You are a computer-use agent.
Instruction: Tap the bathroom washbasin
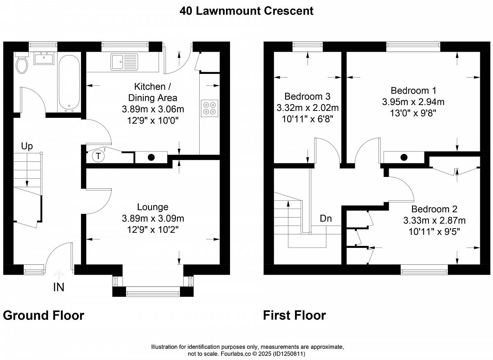pyautogui.click(x=44, y=58)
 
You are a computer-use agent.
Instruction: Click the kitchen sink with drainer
pyautogui.click(x=124, y=62)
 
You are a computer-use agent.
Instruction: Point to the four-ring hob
pyautogui.click(x=209, y=108)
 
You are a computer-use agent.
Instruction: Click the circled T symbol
pyautogui.click(x=98, y=156)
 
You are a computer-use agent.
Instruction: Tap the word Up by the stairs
pyautogui.click(x=27, y=146)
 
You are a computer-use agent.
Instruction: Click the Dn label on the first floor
pyautogui.click(x=325, y=218)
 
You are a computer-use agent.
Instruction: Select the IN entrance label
pyautogui.click(x=59, y=287)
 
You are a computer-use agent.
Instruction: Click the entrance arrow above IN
pyautogui.click(x=59, y=275)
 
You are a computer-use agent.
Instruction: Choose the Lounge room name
pyautogui.click(x=153, y=207)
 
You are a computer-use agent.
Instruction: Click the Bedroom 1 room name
pyautogui.click(x=413, y=90)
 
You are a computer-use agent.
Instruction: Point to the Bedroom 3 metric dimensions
pyautogui.click(x=307, y=108)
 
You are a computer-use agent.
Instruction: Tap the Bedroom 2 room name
pyautogui.click(x=434, y=209)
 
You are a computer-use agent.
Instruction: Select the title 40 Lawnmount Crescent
pyautogui.click(x=246, y=11)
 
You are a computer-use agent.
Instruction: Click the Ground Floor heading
pyautogui.click(x=44, y=315)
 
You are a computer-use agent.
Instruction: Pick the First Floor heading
pyautogui.click(x=295, y=315)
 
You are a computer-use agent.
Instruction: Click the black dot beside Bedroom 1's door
pyautogui.click(x=403, y=157)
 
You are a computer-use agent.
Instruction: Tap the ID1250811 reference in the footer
pyautogui.click(x=289, y=354)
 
